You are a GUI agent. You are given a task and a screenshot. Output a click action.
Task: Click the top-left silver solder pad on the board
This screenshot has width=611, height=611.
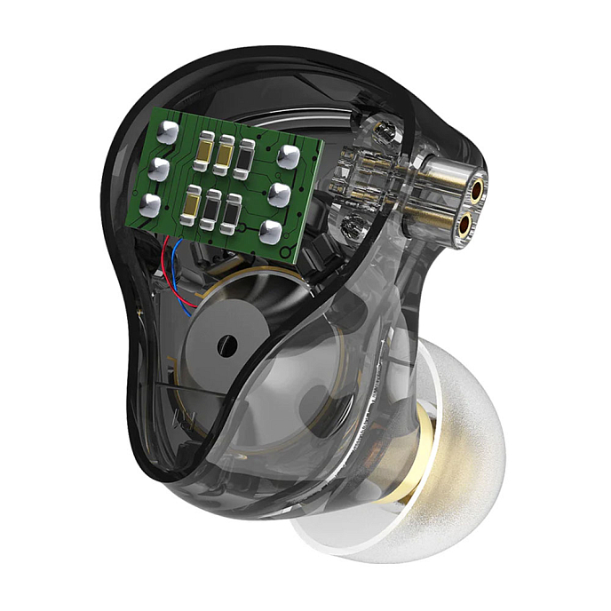(x=167, y=132)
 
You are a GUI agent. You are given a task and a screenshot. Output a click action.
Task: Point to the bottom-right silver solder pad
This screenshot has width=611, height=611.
(x=271, y=231)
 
